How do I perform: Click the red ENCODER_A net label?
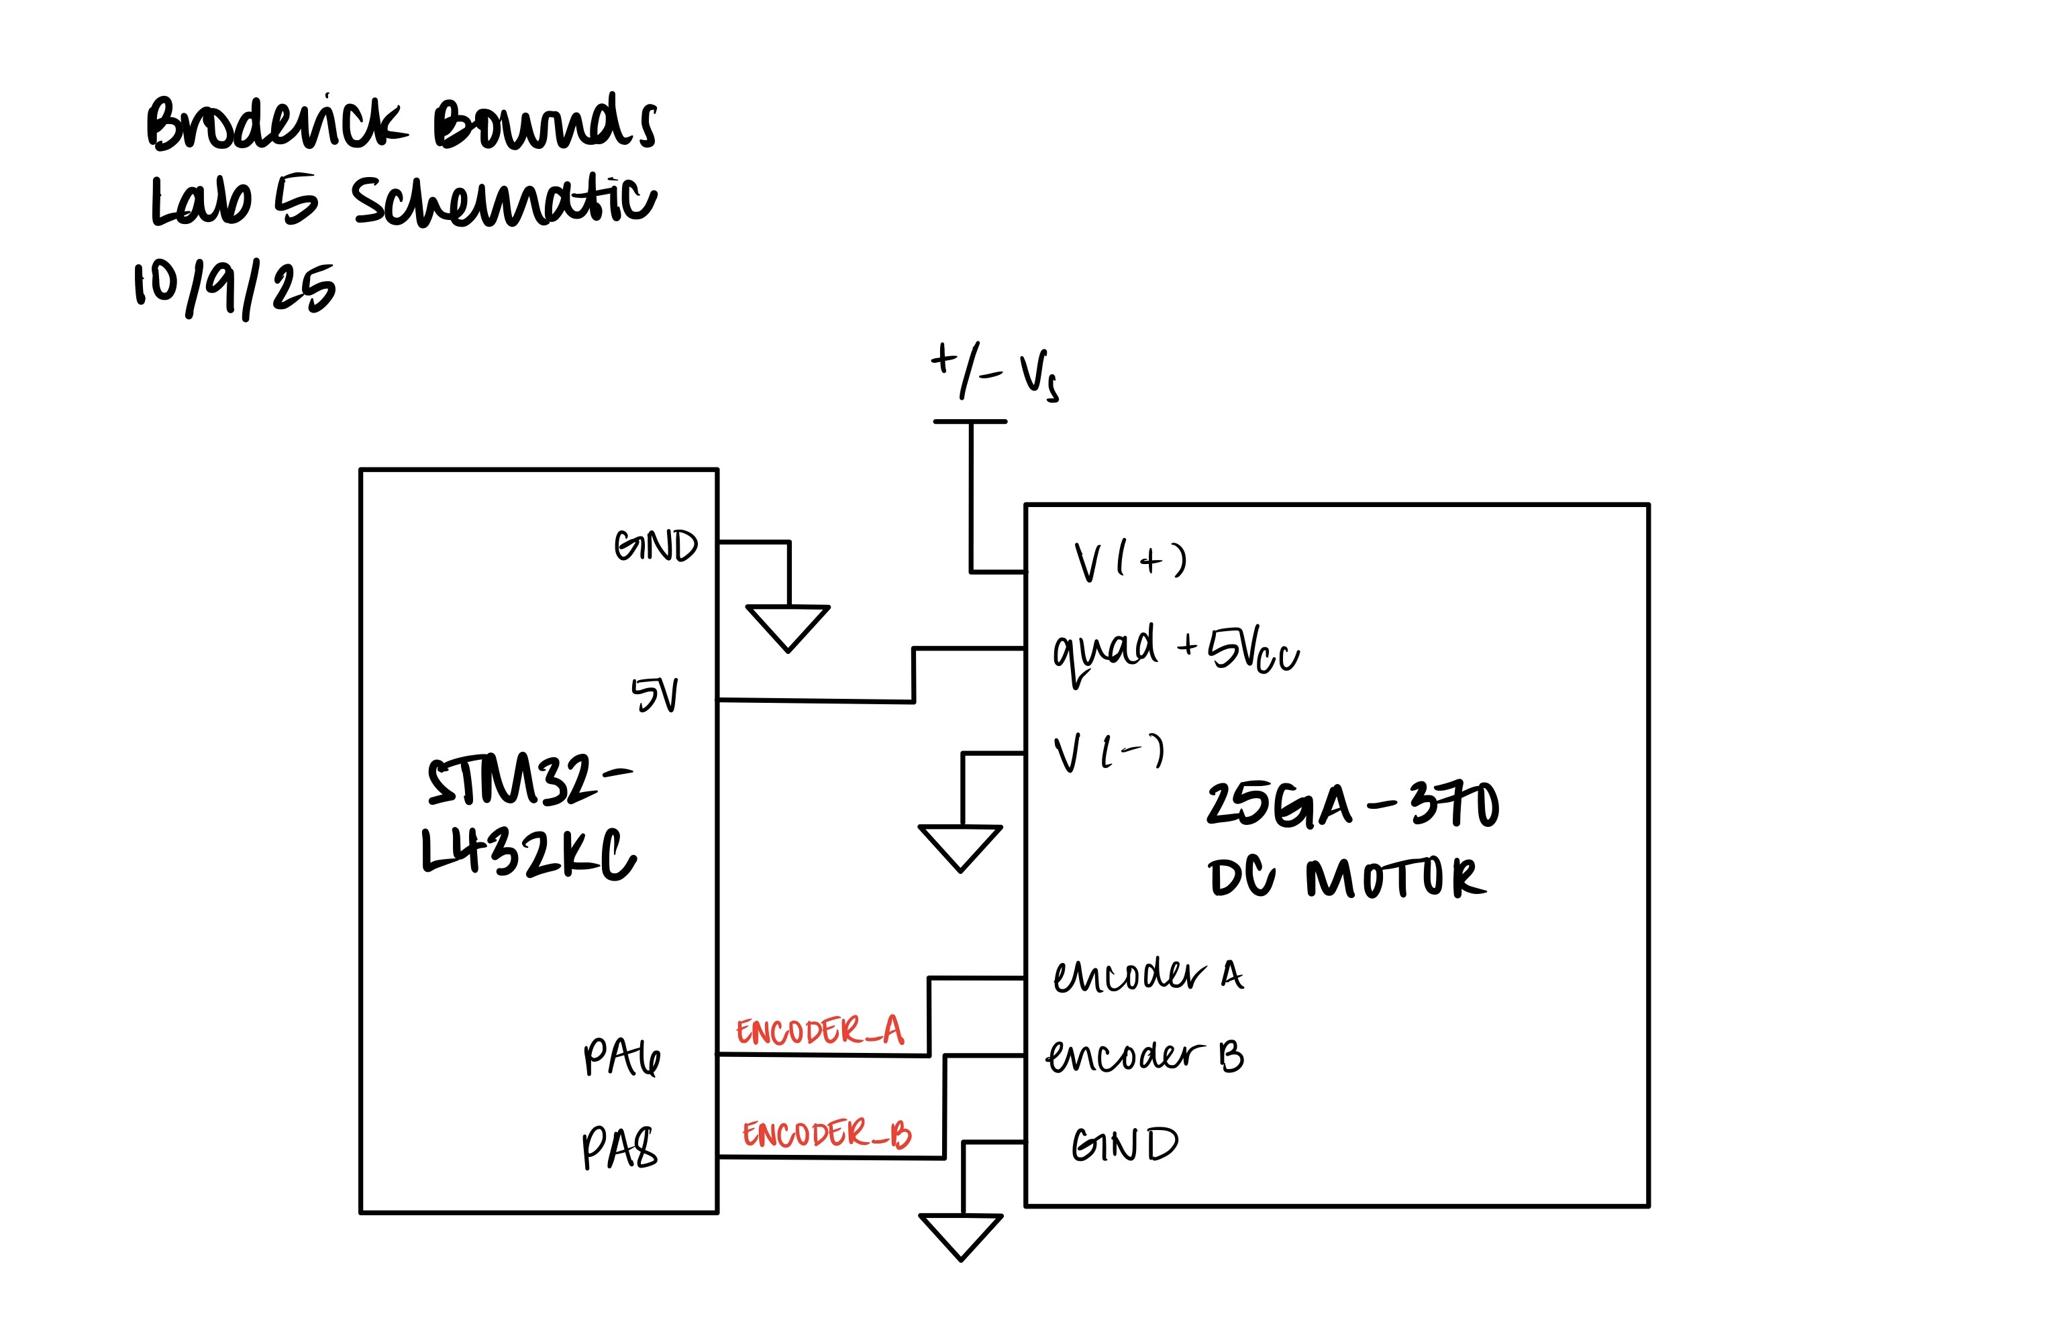[x=819, y=1031]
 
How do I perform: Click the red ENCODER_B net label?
[x=826, y=1134]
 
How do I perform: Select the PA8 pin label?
[x=619, y=1148]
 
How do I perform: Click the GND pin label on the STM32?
[x=656, y=546]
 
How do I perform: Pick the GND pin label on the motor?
[x=1124, y=1145]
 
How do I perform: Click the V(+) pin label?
[x=1130, y=562]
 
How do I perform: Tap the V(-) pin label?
[x=1109, y=752]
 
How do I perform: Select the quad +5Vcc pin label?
[x=1175, y=652]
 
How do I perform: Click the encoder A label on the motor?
[x=1147, y=975]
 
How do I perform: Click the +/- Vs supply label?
[x=994, y=372]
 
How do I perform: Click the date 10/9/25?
[x=234, y=289]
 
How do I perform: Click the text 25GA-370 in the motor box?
[x=1352, y=804]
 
